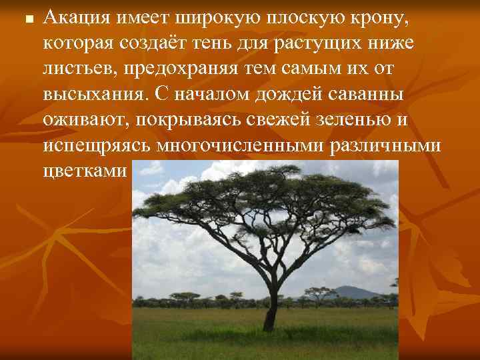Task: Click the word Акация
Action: [x=73, y=18]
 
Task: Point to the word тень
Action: [x=225, y=43]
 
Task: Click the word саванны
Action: [x=366, y=94]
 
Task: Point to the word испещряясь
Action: [x=95, y=145]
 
